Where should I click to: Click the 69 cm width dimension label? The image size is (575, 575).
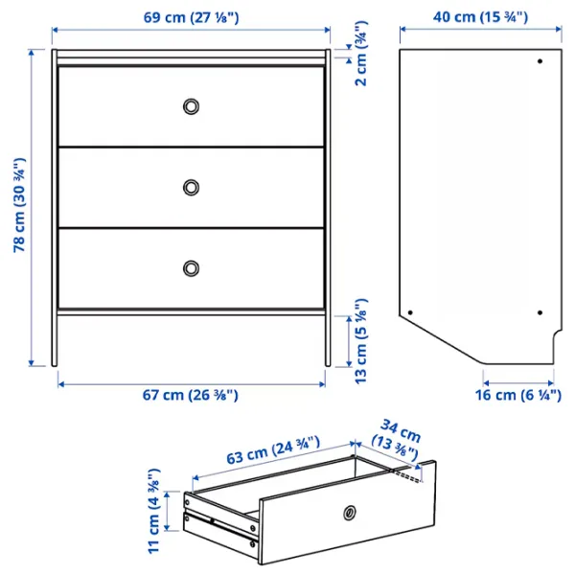(x=191, y=16)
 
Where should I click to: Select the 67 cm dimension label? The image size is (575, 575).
(x=191, y=395)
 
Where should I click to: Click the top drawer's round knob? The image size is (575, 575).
(x=192, y=105)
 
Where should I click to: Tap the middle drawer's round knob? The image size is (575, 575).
(x=192, y=186)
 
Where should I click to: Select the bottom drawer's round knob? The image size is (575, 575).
(x=192, y=266)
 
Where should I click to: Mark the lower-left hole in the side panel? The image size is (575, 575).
(x=410, y=312)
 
